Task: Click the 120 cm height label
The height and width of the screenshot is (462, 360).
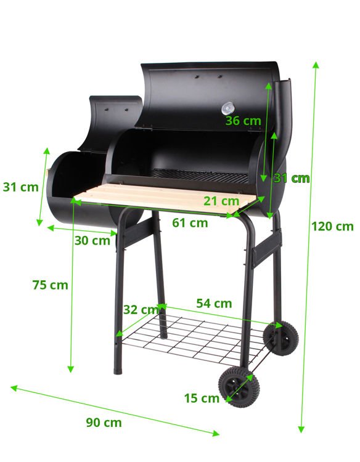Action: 332,226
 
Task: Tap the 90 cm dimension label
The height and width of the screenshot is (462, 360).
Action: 104,423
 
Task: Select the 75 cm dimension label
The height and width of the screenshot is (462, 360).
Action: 50,285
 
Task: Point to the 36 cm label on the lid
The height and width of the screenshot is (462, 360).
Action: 243,121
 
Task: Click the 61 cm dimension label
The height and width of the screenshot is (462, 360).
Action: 190,222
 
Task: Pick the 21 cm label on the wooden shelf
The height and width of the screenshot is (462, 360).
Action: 221,200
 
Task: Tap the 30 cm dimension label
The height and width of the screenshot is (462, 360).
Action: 92,240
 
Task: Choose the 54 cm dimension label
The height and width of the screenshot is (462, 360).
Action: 214,303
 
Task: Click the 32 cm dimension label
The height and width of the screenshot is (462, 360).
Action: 140,309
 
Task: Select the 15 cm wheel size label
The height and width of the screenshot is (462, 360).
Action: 202,398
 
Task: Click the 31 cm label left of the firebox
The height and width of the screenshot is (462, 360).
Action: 20,187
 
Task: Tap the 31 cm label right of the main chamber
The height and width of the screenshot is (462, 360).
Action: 291,179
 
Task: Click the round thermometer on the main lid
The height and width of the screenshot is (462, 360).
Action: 227,108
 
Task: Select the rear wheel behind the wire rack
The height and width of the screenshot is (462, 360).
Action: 280,338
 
